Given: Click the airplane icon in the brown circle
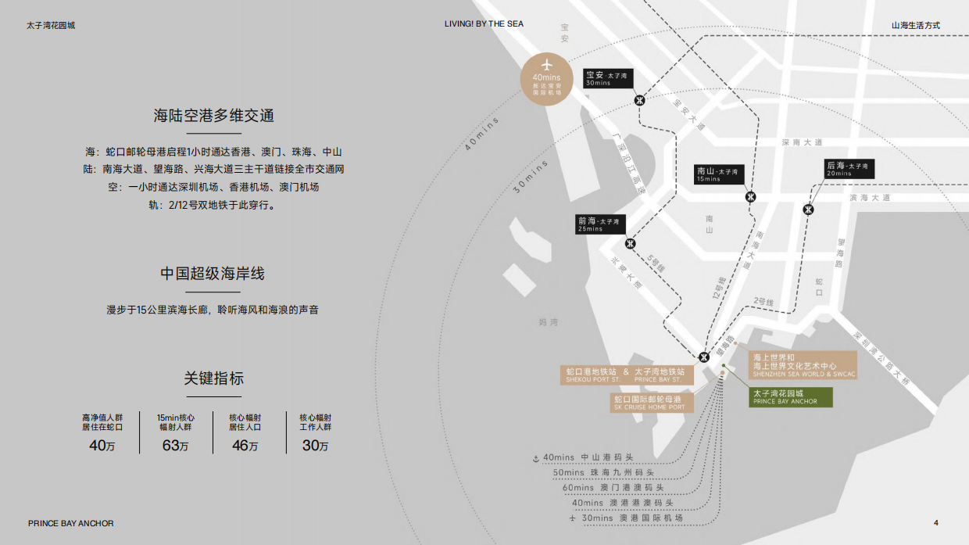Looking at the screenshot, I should pyautogui.click(x=546, y=63).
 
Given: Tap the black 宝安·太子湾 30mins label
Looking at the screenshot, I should pyautogui.click(x=608, y=78).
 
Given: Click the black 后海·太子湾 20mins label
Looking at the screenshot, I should pyautogui.click(x=849, y=169).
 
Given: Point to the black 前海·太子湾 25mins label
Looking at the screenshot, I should pyautogui.click(x=601, y=224).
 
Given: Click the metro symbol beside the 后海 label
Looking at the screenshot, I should pyautogui.click(x=808, y=210).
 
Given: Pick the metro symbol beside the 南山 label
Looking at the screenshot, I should pyautogui.click(x=750, y=196).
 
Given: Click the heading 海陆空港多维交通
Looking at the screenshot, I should pyautogui.click(x=213, y=117).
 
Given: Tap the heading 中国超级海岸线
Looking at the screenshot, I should pyautogui.click(x=213, y=274).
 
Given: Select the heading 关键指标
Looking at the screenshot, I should pyautogui.click(x=213, y=378).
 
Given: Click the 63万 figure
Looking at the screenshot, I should pyautogui.click(x=175, y=446).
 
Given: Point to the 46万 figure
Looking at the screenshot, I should pyautogui.click(x=245, y=446).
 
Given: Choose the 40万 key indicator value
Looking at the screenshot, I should pyautogui.click(x=102, y=446).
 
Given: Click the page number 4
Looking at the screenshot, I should pyautogui.click(x=936, y=523).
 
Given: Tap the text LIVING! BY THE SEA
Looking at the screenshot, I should pyautogui.click(x=484, y=24).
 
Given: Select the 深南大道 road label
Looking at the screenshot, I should pyautogui.click(x=803, y=142).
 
